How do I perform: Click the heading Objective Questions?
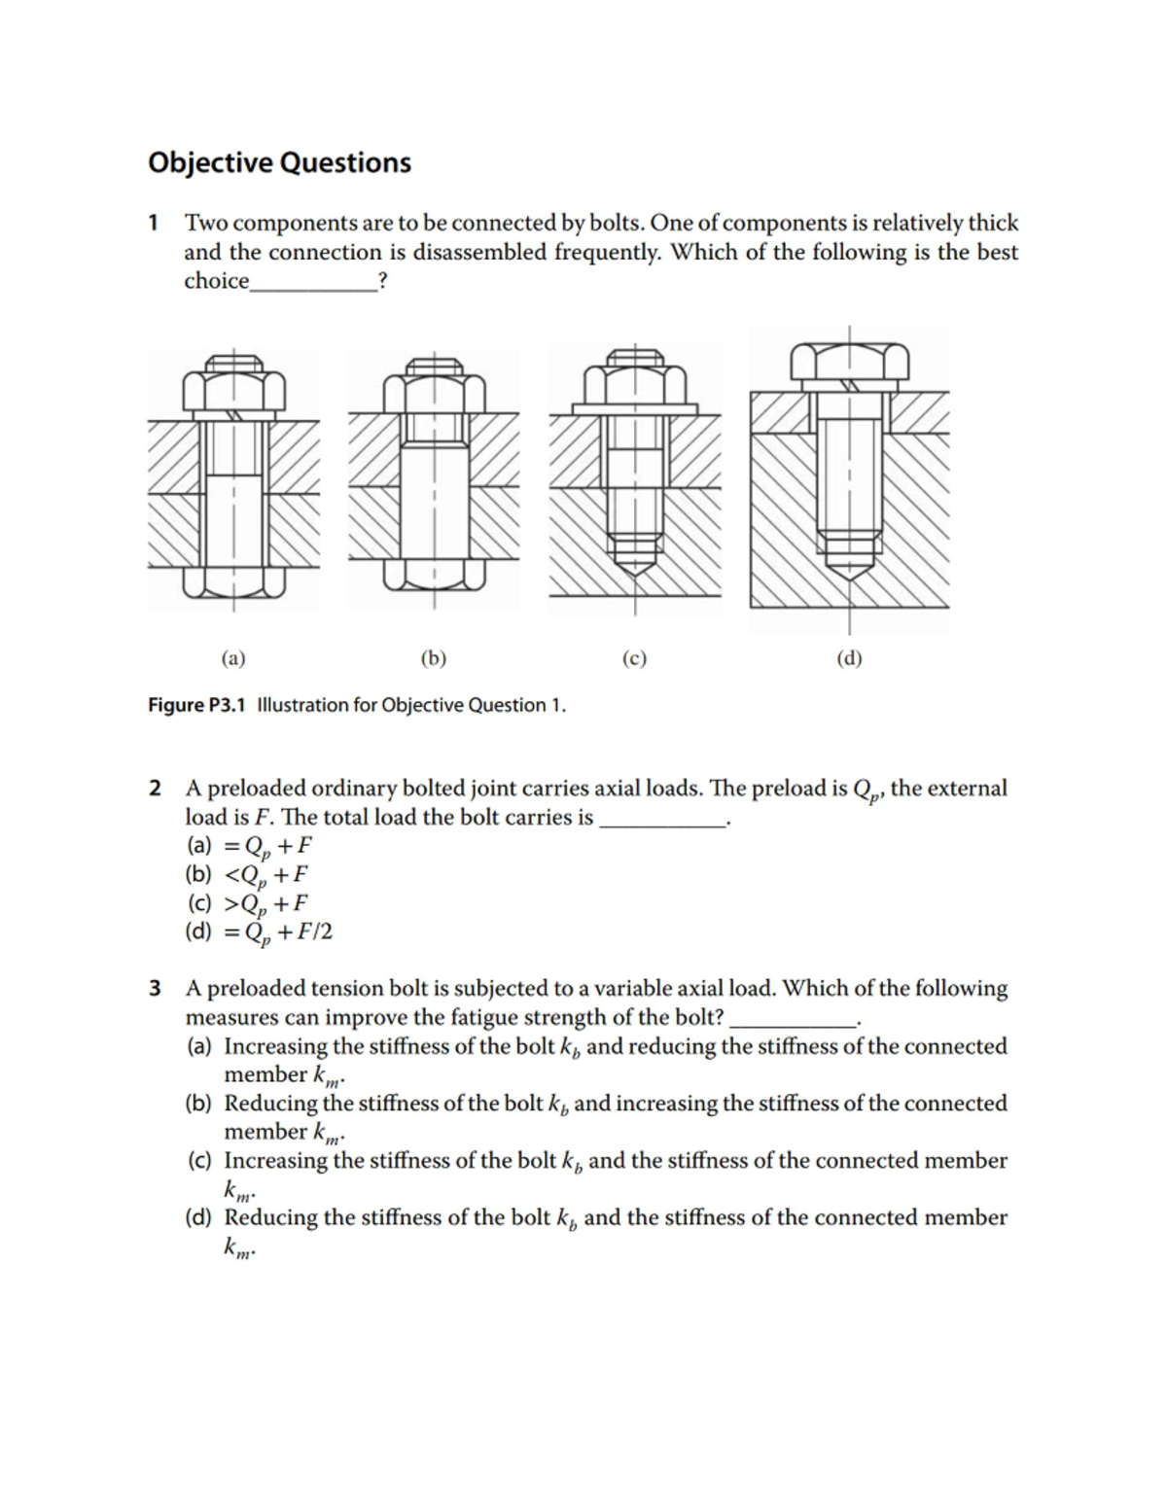(x=279, y=162)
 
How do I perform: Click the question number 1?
(x=153, y=223)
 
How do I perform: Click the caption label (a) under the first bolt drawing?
(x=232, y=658)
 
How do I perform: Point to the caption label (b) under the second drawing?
(x=433, y=658)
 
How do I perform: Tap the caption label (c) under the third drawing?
(x=634, y=658)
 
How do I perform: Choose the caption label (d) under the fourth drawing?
(x=849, y=658)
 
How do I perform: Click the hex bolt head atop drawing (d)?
(x=849, y=361)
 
